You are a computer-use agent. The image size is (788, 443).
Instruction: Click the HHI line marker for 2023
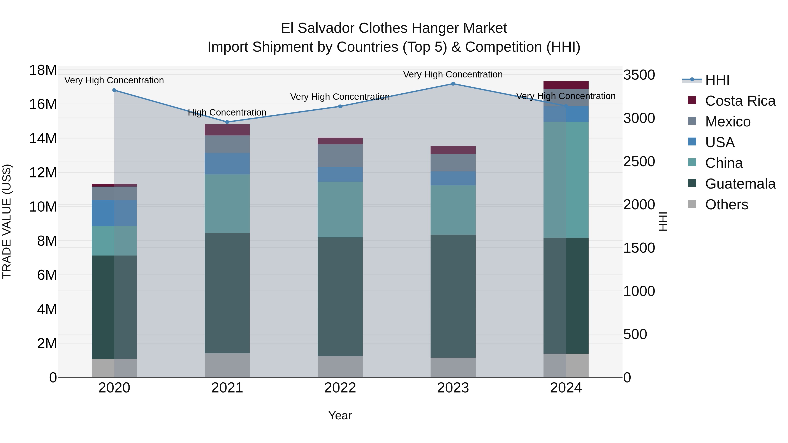pos(453,84)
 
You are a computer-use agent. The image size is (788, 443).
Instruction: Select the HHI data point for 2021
pos(227,122)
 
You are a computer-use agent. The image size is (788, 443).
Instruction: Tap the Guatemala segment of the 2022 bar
pos(340,297)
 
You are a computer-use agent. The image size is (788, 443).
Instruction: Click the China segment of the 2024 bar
pos(566,180)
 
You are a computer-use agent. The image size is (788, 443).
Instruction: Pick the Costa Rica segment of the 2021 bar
pos(227,130)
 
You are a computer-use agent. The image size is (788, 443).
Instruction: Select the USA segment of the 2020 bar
pos(114,213)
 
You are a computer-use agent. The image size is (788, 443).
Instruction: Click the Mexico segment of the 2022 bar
pos(340,156)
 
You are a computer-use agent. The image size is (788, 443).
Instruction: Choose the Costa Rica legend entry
pos(740,101)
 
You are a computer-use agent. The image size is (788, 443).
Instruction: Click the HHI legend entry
pos(717,80)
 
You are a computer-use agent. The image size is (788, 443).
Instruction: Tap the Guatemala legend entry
pos(740,184)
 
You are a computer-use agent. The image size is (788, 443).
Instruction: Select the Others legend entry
pos(726,205)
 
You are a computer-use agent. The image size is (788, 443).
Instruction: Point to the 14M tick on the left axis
pos(43,138)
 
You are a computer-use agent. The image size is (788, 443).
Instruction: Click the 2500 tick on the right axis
pos(639,161)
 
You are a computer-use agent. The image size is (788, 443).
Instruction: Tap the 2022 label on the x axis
pos(340,388)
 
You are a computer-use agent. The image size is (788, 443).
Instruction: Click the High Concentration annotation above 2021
pos(227,112)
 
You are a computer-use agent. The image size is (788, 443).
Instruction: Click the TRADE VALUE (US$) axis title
pos(7,221)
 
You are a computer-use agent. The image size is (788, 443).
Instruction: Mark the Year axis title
pos(340,415)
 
